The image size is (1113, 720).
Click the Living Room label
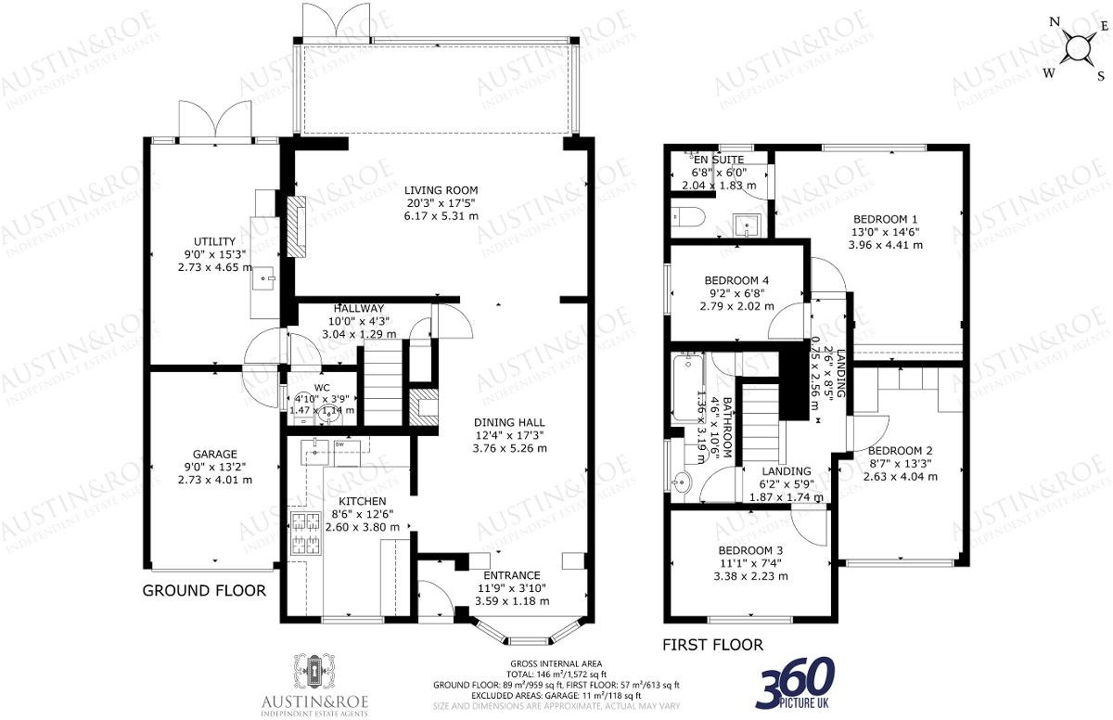(x=441, y=190)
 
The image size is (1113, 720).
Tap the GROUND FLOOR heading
(x=204, y=591)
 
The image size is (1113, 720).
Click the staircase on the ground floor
(x=379, y=380)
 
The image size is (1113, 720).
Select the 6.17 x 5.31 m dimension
(x=441, y=216)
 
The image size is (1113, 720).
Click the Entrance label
(x=509, y=575)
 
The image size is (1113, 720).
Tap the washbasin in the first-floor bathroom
(x=682, y=482)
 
